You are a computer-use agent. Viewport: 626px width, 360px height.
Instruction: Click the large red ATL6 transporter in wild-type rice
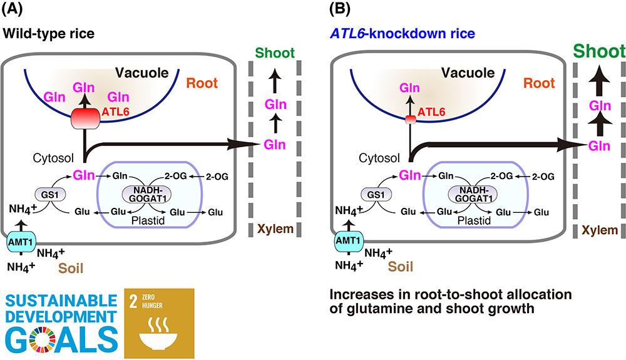tap(85, 118)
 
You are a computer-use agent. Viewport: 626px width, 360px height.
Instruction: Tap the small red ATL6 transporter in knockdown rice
tap(411, 120)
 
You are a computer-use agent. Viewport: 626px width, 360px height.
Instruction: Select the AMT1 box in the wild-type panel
tap(21, 242)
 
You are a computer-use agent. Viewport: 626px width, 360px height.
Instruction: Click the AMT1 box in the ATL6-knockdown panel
tap(349, 241)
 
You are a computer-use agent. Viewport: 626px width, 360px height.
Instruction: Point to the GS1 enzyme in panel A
tap(50, 195)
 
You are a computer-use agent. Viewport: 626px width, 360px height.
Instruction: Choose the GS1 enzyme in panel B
tap(376, 195)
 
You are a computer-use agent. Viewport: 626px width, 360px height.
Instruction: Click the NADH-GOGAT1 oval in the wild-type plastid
tap(147, 194)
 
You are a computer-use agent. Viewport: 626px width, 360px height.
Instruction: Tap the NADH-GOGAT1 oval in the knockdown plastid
tap(473, 194)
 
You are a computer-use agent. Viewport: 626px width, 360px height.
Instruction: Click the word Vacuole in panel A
tap(141, 73)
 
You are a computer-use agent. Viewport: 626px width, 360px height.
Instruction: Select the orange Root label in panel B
tap(539, 83)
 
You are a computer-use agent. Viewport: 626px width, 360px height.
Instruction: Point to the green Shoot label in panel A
tap(275, 53)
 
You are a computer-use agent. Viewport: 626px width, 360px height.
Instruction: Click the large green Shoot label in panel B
tap(599, 51)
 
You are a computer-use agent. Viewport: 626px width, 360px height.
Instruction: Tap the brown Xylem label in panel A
tap(275, 229)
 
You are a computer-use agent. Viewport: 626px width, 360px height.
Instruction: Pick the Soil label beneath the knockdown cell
tap(401, 266)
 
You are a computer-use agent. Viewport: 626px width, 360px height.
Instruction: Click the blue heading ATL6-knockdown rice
tap(403, 34)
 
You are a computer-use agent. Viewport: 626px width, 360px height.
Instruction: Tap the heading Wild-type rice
tap(49, 34)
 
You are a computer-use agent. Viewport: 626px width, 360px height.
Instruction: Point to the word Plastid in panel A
tap(148, 221)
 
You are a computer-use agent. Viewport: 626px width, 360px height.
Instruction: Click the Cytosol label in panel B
tap(379, 158)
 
